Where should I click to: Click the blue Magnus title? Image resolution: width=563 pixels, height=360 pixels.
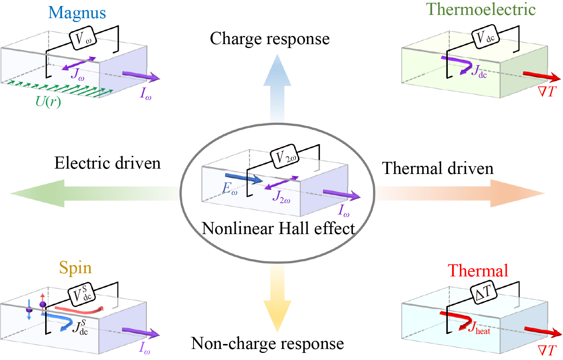click(77, 13)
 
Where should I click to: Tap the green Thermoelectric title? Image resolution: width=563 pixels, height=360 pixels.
click(480, 9)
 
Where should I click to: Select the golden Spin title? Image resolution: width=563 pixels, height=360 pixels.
click(75, 268)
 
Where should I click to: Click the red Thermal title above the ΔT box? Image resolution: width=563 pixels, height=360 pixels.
click(478, 271)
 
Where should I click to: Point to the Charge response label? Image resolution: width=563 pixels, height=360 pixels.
click(270, 39)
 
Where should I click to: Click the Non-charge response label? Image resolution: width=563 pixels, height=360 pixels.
click(267, 344)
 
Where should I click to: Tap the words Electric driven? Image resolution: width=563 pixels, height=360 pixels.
click(107, 163)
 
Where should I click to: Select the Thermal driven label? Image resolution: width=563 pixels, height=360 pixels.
click(438, 168)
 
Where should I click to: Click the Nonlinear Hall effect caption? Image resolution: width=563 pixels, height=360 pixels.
click(278, 228)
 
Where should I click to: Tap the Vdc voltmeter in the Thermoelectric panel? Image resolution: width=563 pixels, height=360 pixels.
click(485, 37)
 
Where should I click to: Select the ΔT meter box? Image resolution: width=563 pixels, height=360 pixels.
click(483, 292)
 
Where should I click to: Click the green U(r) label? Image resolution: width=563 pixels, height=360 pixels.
click(48, 102)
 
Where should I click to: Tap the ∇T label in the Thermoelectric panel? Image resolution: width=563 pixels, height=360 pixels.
click(547, 92)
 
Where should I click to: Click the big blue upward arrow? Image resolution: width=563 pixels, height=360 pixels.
click(277, 85)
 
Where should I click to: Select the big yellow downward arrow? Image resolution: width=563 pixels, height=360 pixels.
click(277, 302)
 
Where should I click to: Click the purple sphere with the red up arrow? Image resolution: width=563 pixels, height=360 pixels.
click(43, 304)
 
